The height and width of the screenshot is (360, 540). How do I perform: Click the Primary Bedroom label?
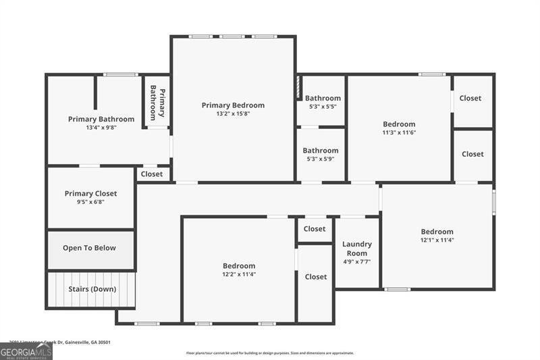[233, 105]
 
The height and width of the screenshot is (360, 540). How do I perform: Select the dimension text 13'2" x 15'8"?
[233, 114]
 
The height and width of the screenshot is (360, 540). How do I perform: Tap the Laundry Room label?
[356, 249]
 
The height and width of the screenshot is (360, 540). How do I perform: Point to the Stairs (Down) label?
[92, 289]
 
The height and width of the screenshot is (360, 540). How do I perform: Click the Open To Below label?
[89, 248]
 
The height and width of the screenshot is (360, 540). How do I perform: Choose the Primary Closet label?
[90, 194]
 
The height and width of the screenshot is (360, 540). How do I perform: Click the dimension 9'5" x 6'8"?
[90, 202]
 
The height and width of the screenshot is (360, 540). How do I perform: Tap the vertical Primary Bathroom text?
[157, 103]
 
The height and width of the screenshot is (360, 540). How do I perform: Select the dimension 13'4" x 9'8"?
[101, 128]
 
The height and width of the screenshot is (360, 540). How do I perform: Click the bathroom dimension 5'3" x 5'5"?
[322, 107]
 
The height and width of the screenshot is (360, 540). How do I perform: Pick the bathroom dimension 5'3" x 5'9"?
[320, 159]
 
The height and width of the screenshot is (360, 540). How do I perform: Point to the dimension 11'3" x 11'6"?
[399, 133]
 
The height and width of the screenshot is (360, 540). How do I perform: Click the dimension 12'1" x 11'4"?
[437, 240]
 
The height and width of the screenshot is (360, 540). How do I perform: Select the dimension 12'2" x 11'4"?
[239, 274]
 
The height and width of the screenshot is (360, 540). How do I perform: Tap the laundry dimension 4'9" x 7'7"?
[356, 262]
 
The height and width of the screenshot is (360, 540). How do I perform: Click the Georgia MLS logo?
[26, 351]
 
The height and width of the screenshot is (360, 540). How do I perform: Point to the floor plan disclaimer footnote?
[270, 353]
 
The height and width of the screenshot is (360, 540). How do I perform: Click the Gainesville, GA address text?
[60, 342]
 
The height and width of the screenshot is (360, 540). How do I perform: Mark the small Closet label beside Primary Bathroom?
[152, 174]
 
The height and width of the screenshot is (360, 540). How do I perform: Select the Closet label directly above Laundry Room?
[315, 229]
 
